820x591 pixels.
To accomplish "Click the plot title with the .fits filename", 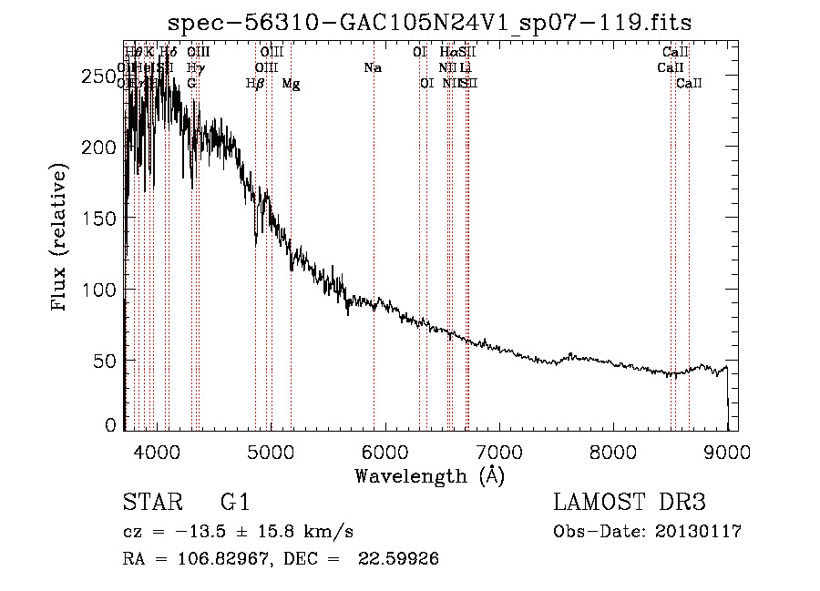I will click(430, 22).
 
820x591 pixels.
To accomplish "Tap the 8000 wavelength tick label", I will click(612, 453).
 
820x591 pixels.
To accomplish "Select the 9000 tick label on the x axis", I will click(726, 453).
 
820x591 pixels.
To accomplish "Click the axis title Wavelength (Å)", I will click(429, 475).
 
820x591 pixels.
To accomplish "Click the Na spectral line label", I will click(372, 67).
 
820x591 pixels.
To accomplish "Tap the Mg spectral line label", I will click(291, 84).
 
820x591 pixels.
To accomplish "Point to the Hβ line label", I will click(255, 84).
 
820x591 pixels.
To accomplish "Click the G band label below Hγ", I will click(191, 83).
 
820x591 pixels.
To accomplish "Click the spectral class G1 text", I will click(235, 503).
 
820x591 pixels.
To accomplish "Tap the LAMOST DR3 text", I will click(630, 503).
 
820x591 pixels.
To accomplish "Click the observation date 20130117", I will click(699, 532).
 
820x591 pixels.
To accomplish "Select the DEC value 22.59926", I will click(401, 559).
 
